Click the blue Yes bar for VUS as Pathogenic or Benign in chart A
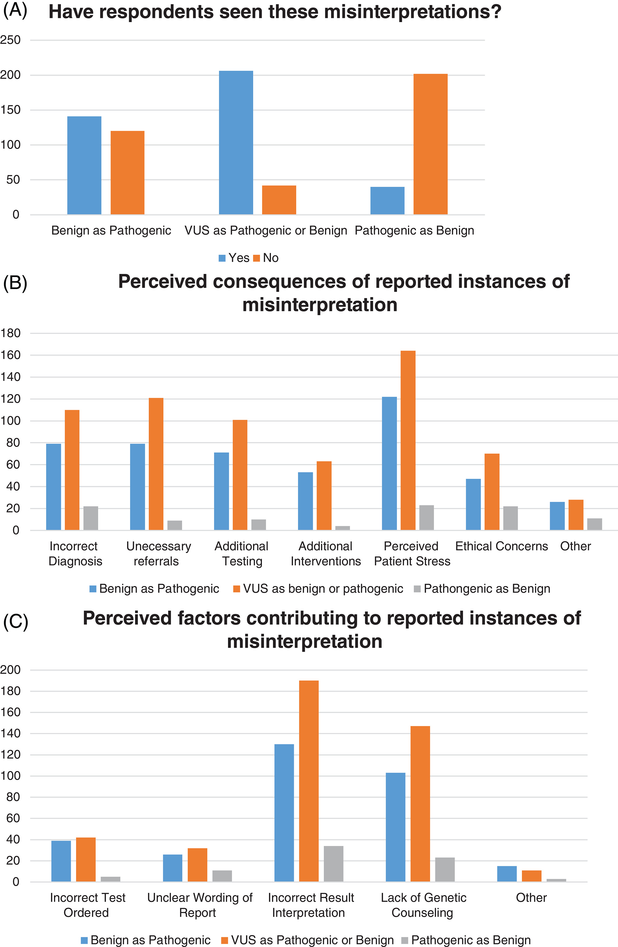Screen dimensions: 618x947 click(x=236, y=143)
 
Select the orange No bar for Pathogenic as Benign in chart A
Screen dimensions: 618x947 click(x=431, y=144)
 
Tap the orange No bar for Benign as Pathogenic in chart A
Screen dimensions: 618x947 click(x=127, y=173)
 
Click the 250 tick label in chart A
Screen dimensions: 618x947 click(x=10, y=40)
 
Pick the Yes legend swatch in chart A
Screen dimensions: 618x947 click(x=222, y=258)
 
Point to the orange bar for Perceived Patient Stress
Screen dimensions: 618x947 click(x=408, y=441)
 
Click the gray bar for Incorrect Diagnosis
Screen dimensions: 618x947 click(x=91, y=518)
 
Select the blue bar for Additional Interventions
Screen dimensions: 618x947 click(x=305, y=501)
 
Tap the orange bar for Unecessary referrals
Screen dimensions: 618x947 click(x=156, y=464)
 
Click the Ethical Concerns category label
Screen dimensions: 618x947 click(x=502, y=546)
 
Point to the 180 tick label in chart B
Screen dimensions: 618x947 click(x=10, y=333)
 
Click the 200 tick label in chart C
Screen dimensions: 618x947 click(x=10, y=670)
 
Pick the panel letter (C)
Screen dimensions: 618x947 click(x=15, y=621)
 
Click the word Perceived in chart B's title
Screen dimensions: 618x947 click(x=162, y=282)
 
